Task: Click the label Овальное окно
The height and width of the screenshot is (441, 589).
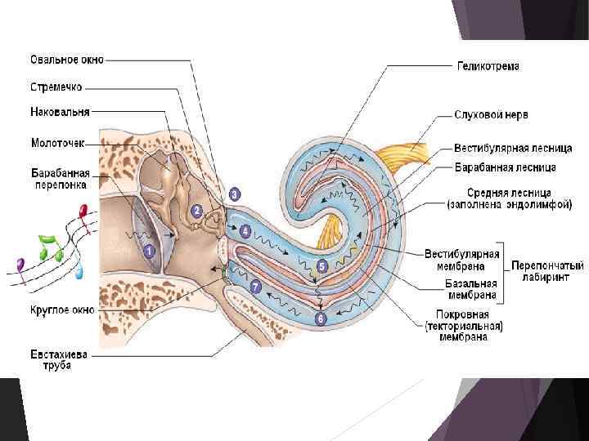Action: pyautogui.click(x=68, y=60)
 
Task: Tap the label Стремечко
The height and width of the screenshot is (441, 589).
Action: pyautogui.click(x=56, y=86)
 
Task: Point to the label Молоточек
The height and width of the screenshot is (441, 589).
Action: pyautogui.click(x=57, y=142)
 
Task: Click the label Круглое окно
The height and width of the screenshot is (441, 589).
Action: pyautogui.click(x=63, y=310)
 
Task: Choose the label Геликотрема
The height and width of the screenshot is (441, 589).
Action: pyautogui.click(x=488, y=66)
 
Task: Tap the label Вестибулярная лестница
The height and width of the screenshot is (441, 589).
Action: pyautogui.click(x=505, y=149)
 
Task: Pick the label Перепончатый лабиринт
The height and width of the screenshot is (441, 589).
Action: pyautogui.click(x=547, y=271)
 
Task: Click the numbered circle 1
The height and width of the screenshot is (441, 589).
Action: pyautogui.click(x=149, y=252)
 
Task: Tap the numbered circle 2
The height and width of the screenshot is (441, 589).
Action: pyautogui.click(x=196, y=210)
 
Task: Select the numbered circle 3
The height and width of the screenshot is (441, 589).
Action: pyautogui.click(x=235, y=194)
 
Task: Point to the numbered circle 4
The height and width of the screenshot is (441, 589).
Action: pyautogui.click(x=245, y=232)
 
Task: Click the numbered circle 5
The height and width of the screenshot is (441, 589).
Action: pyautogui.click(x=321, y=266)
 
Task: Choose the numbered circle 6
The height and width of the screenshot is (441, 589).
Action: pyautogui.click(x=321, y=318)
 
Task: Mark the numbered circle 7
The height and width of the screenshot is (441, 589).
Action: pyautogui.click(x=255, y=287)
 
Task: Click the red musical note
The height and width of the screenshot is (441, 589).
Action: pyautogui.click(x=82, y=214)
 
